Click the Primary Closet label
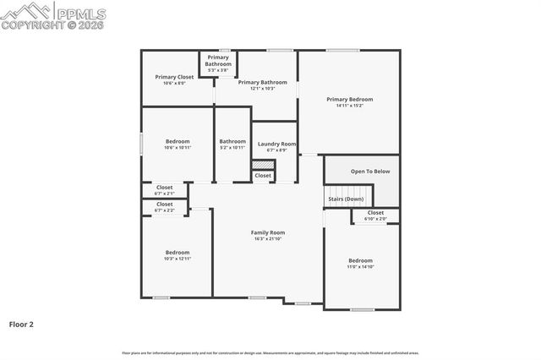[x=169, y=77]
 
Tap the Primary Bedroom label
[x=350, y=99]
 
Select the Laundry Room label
[x=276, y=145]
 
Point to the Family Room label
[x=267, y=232]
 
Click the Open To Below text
[x=370, y=172]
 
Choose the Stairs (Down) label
[x=346, y=199]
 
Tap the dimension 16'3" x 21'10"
[x=267, y=239]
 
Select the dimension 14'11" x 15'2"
[x=350, y=106]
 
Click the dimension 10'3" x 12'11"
[x=178, y=259]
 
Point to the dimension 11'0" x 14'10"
[x=361, y=267]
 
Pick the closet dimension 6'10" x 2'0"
[x=375, y=219]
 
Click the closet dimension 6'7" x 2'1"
[x=164, y=194]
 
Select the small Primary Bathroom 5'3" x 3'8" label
[x=217, y=70]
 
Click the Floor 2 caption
[x=22, y=324]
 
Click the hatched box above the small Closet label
[x=263, y=165]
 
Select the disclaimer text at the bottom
[x=270, y=352]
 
